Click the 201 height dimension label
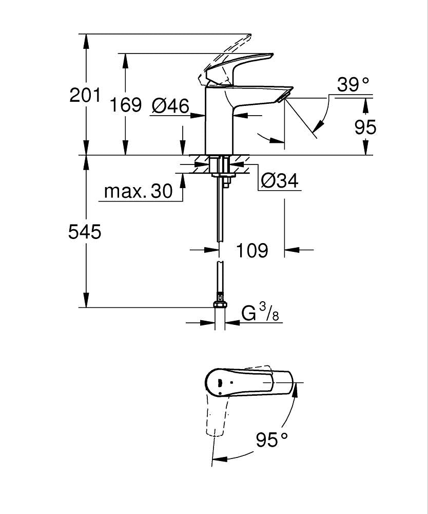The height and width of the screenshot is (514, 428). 85,96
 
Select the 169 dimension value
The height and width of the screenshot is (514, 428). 126,105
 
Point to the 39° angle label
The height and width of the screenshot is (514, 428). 353,84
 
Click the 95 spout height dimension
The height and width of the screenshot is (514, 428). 365,127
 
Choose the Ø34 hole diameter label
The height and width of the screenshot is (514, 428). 279,180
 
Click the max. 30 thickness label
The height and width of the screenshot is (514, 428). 139,192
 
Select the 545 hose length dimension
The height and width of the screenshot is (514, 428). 85,232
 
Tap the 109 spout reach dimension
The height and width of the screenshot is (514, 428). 251,251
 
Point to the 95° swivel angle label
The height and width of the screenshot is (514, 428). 272,440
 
